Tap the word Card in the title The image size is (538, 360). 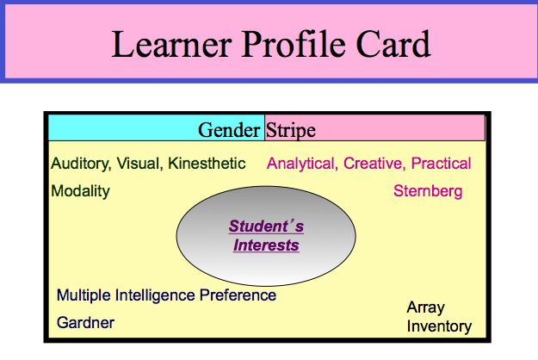tap(387, 43)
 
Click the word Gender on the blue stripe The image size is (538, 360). tap(229, 130)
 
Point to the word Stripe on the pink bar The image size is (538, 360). tap(291, 130)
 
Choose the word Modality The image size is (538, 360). tap(80, 190)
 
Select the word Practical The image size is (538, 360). tap(441, 164)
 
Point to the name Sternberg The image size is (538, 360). tap(428, 190)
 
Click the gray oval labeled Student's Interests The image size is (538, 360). tap(266, 236)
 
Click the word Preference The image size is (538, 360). tap(238, 295)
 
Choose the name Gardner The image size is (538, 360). tap(85, 323)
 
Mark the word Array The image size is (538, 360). tap(425, 307)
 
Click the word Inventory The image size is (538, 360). tap(439, 326)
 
